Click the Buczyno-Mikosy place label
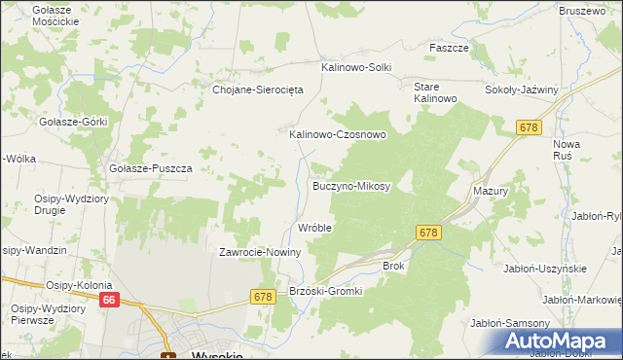(350, 185)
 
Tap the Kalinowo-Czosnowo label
(338, 135)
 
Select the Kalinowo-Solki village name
(356, 67)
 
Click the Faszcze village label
(450, 47)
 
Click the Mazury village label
(491, 192)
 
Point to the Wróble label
(315, 228)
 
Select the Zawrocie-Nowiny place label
(260, 252)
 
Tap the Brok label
(393, 265)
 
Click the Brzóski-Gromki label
(326, 291)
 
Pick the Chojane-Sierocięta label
(259, 89)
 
